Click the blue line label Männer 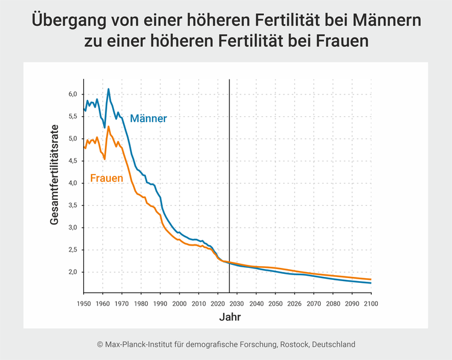148,119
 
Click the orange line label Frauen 107,178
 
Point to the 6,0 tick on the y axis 72,95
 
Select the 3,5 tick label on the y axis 72,205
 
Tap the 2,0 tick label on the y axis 72,272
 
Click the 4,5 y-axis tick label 72,161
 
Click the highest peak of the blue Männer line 108,89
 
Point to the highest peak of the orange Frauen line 108,126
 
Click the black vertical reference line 230,181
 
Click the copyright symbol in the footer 100,344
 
